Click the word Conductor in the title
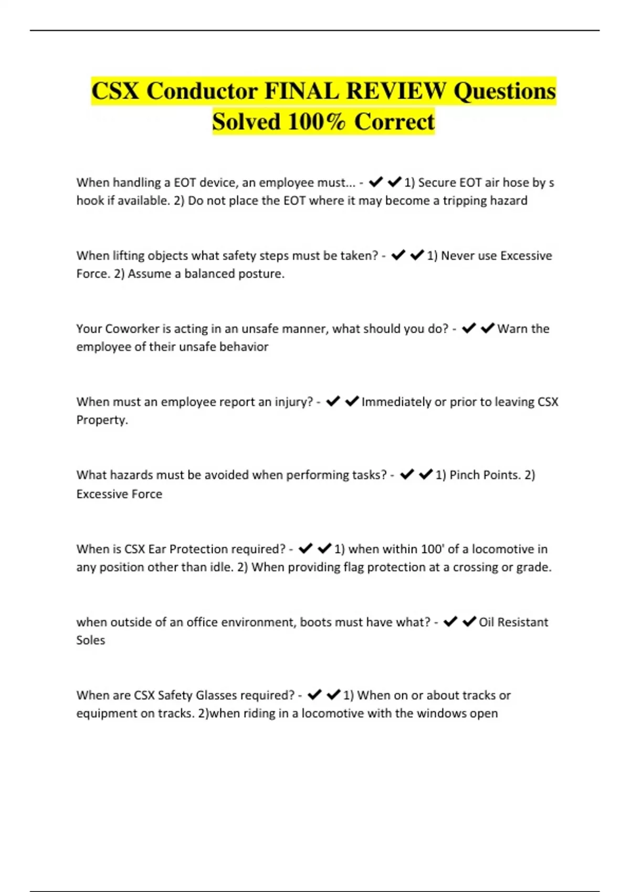[x=202, y=91]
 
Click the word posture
[x=260, y=274]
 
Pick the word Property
[x=102, y=420]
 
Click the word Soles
[x=90, y=640]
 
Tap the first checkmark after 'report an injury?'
[x=333, y=401]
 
